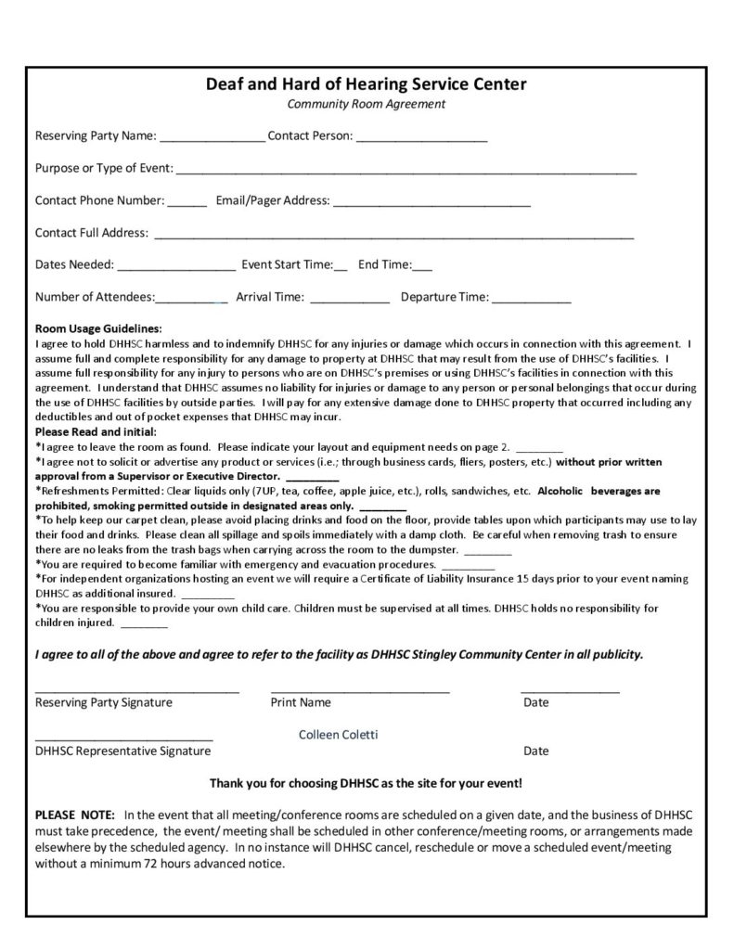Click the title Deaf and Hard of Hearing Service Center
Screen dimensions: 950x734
(x=366, y=84)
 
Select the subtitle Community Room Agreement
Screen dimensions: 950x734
(x=366, y=104)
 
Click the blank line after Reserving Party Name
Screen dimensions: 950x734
(x=212, y=140)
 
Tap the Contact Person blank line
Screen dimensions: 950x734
(x=421, y=140)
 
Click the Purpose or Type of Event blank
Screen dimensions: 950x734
(x=406, y=173)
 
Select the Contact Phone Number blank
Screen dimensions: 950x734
(x=187, y=204)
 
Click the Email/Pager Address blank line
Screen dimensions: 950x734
(x=431, y=204)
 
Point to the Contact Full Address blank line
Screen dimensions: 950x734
(x=393, y=237)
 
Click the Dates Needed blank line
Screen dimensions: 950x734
(x=176, y=269)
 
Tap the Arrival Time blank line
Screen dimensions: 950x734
(x=349, y=302)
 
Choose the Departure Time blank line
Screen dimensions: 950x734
(x=531, y=302)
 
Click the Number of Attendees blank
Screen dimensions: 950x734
(x=191, y=302)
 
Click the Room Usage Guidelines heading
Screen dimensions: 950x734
(x=98, y=328)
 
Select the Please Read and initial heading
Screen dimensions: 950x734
(x=96, y=431)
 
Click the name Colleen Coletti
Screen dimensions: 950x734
(x=338, y=734)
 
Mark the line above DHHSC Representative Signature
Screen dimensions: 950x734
(x=123, y=740)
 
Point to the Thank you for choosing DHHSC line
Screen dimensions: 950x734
(x=366, y=782)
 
